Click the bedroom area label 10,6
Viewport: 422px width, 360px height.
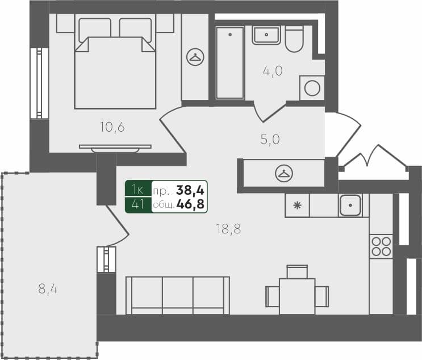pos(112,127)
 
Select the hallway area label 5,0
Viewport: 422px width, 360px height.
pos(270,140)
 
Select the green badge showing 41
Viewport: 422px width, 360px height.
pos(137,204)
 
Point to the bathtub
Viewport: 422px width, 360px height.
pos(229,62)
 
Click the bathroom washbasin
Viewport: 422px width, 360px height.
pos(265,35)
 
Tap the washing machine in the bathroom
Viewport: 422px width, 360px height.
pos(312,88)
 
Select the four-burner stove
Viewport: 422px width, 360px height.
pos(381,246)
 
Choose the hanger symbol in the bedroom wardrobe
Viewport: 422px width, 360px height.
pos(195,57)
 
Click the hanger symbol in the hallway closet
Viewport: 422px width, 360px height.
pos(283,173)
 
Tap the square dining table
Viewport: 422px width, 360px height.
pos(296,295)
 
